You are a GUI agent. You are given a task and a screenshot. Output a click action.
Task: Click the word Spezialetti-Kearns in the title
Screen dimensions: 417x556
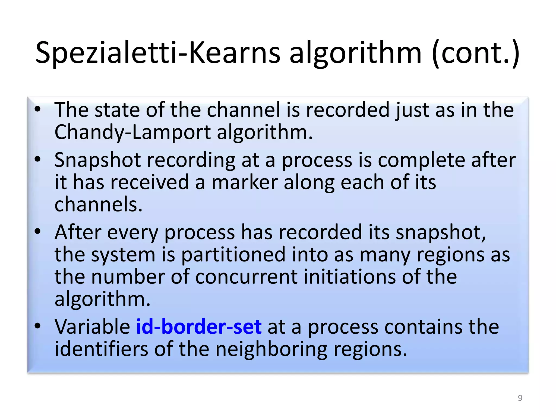point(158,53)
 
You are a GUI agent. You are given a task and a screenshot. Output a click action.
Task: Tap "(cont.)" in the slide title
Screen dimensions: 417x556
point(475,53)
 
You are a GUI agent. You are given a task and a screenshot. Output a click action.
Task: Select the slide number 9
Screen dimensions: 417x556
point(520,398)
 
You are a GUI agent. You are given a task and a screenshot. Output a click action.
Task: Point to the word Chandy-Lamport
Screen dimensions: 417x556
point(132,132)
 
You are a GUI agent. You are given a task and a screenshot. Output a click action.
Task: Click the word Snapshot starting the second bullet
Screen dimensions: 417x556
point(97,160)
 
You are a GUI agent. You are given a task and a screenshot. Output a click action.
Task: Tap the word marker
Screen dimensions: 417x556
point(245,182)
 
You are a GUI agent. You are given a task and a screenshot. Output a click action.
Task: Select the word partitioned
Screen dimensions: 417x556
point(233,255)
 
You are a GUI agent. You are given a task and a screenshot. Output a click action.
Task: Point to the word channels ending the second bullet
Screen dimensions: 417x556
point(98,204)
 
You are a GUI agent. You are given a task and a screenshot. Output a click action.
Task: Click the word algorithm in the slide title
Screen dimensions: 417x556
point(355,53)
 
